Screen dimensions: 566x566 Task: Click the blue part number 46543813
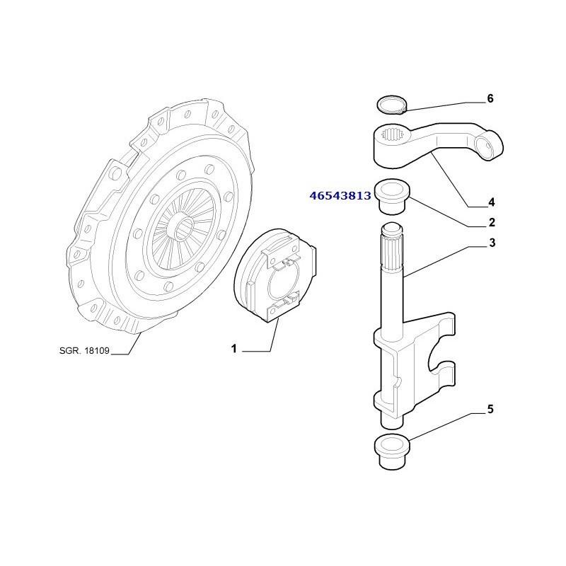tap(340, 196)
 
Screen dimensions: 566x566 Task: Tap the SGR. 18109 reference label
tap(84, 350)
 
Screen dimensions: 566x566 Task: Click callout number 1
tap(234, 349)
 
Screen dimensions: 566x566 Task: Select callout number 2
tap(492, 223)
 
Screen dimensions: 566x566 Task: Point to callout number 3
tap(492, 243)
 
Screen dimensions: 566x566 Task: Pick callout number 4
tap(491, 202)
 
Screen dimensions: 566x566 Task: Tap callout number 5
tap(490, 410)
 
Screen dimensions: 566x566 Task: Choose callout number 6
tap(490, 98)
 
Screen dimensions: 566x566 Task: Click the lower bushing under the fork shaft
tap(393, 452)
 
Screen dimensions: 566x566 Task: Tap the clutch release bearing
tap(275, 275)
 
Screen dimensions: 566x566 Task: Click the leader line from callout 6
tap(445, 106)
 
